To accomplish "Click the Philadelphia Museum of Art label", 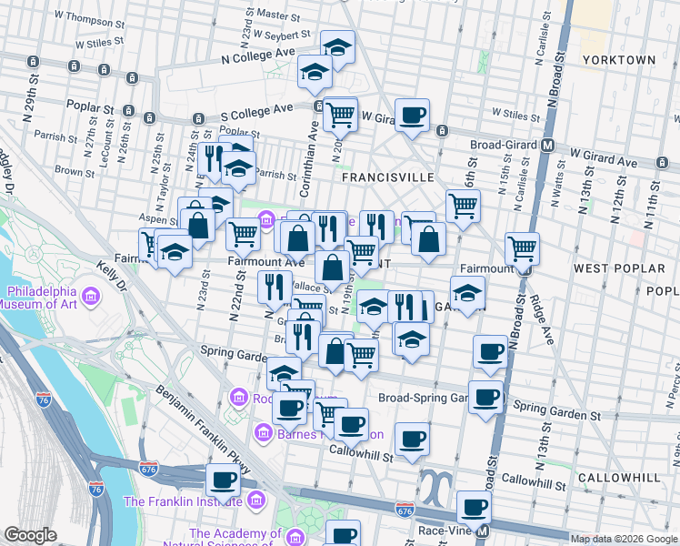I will click(x=44, y=298).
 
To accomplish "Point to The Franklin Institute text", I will click(x=180, y=501).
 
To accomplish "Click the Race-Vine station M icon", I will click(x=484, y=531).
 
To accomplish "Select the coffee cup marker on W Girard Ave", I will click(x=413, y=116).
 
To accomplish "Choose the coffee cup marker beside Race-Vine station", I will click(x=473, y=508).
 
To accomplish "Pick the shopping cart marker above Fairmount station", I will click(x=522, y=248).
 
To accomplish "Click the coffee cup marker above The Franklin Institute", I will click(x=223, y=480).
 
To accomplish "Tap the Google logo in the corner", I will click(x=31, y=535).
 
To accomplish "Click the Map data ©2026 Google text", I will click(x=624, y=539).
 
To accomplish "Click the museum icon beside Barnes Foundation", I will click(x=264, y=433).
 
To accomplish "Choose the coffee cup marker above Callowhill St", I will click(x=412, y=440).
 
